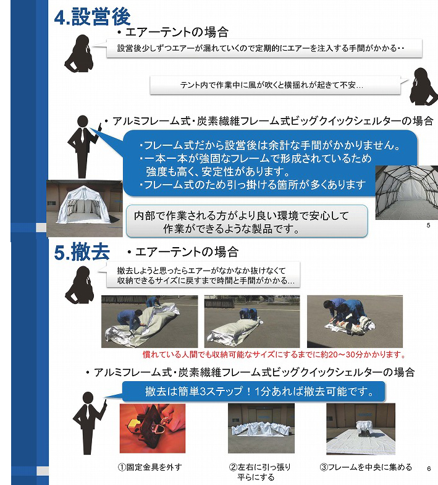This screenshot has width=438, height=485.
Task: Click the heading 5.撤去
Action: click(82, 252)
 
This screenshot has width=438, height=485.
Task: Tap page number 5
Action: click(428, 225)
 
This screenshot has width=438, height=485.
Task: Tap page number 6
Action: click(429, 468)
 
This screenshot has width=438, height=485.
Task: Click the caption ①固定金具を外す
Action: click(150, 467)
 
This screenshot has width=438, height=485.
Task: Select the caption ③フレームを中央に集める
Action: click(366, 467)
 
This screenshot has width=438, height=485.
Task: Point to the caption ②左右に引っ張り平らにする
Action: click(260, 472)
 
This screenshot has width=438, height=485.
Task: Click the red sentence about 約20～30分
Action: click(274, 355)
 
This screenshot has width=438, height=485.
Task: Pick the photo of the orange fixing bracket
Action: click(153, 428)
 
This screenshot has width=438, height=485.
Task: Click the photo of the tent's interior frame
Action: click(406, 192)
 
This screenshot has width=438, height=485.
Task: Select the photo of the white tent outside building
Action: click(85, 208)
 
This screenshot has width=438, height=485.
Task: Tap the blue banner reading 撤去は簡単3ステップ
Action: click(254, 392)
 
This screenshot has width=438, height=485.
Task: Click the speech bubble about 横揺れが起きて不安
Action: click(276, 85)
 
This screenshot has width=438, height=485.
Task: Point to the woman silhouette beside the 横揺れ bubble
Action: click(423, 86)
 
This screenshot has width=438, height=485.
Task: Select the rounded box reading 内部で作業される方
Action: click(247, 221)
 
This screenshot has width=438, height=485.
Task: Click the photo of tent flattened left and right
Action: click(261, 428)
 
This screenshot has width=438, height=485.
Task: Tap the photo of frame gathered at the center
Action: click(361, 429)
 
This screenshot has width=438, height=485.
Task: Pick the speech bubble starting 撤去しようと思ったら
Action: click(203, 275)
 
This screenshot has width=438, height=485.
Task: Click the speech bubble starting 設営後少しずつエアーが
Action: click(264, 48)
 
